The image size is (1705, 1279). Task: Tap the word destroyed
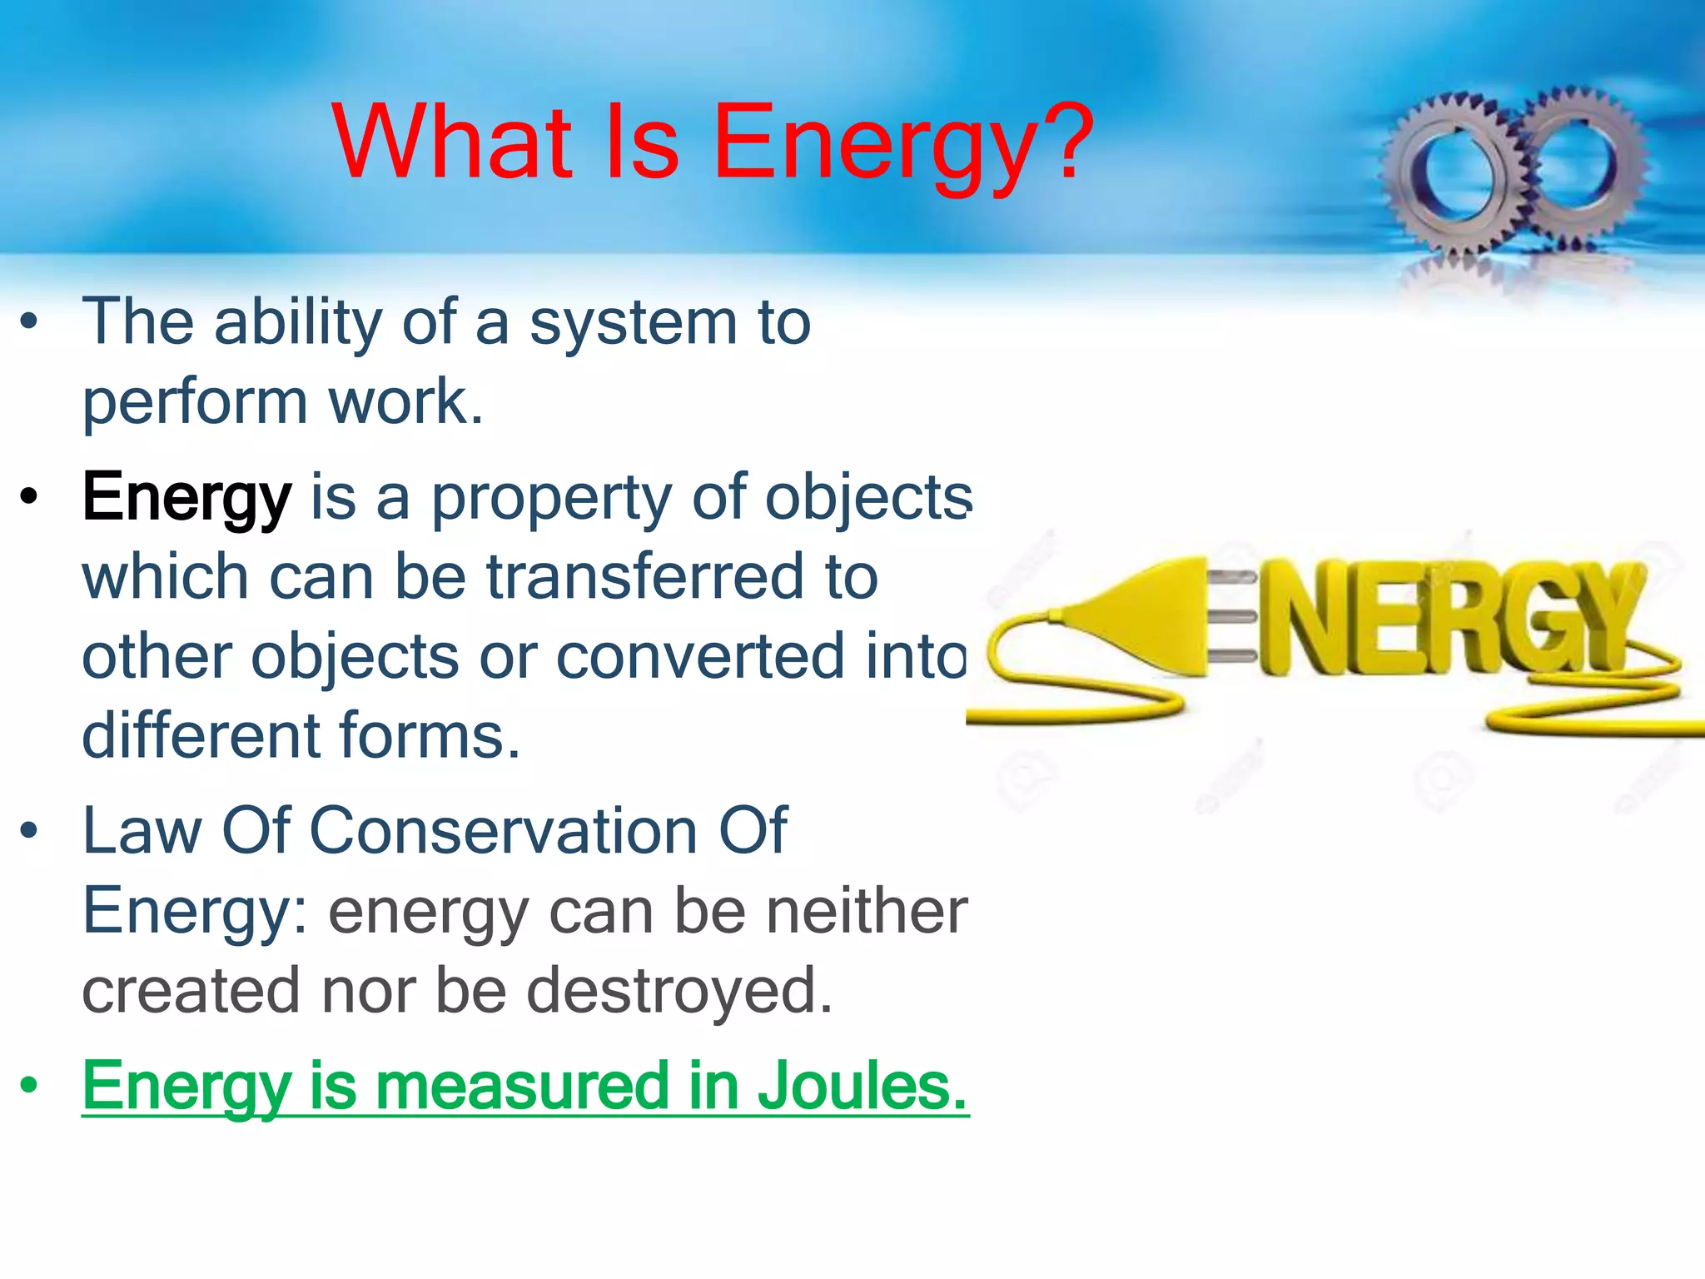679,991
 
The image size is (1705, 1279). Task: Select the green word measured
523,1086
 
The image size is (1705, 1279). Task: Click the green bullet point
30,1086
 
